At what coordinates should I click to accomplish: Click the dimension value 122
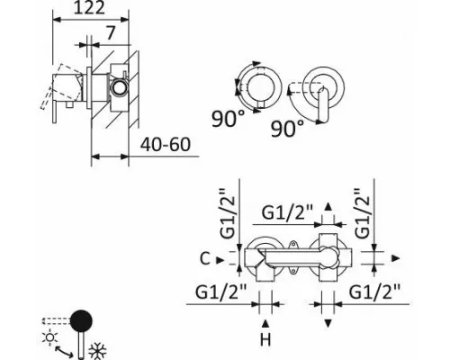pyautogui.click(x=89, y=8)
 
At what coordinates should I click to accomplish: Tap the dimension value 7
pyautogui.click(x=111, y=33)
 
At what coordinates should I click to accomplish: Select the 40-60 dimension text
pyautogui.click(x=166, y=144)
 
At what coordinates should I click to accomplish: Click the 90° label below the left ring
pyautogui.click(x=228, y=119)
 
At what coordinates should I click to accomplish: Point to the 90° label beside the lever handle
pyautogui.click(x=287, y=129)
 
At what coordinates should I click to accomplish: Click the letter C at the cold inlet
pyautogui.click(x=204, y=259)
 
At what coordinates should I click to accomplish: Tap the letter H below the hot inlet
pyautogui.click(x=265, y=340)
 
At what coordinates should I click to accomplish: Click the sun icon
pyautogui.click(x=50, y=337)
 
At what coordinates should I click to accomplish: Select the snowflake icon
pyautogui.click(x=97, y=351)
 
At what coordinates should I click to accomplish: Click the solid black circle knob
pyautogui.click(x=81, y=320)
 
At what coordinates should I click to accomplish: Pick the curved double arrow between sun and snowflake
pyautogui.click(x=64, y=352)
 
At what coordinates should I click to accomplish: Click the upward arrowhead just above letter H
pyautogui.click(x=265, y=323)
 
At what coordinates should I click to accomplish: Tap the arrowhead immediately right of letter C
pyautogui.click(x=220, y=260)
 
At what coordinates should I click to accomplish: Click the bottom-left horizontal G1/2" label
pyautogui.click(x=221, y=292)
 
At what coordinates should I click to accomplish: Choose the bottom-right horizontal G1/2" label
pyautogui.click(x=375, y=292)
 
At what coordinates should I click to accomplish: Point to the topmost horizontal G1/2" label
pyautogui.click(x=287, y=213)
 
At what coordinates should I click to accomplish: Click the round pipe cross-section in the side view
pyautogui.click(x=119, y=88)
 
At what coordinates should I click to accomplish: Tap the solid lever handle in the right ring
pyautogui.click(x=323, y=104)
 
